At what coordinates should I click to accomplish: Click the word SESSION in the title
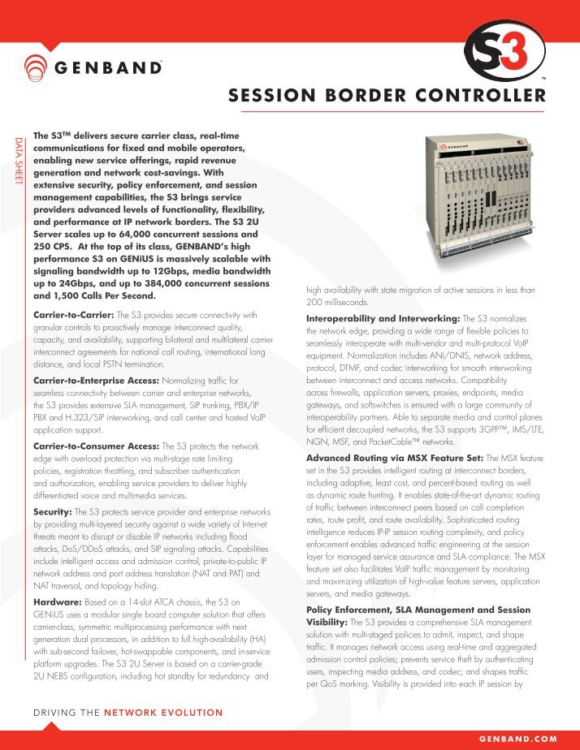[x=272, y=97]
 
